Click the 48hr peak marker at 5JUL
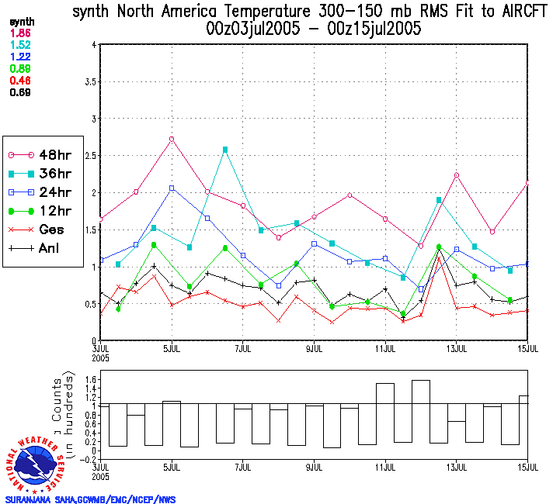click(172, 139)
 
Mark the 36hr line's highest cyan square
click(225, 150)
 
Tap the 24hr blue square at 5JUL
click(172, 188)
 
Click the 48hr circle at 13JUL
click(457, 175)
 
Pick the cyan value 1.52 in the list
click(20, 46)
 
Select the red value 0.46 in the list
click(20, 80)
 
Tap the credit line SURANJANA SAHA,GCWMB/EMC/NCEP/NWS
click(90, 499)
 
